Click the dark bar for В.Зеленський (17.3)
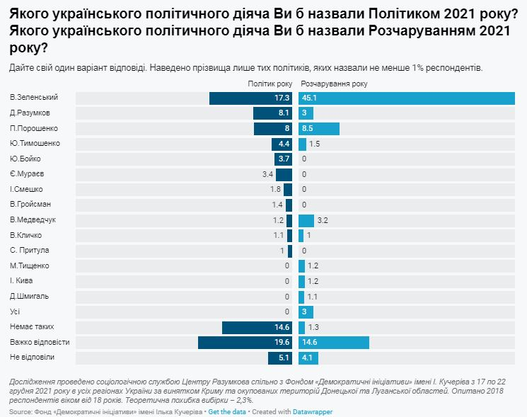point(250,98)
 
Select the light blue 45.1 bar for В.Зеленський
point(406,98)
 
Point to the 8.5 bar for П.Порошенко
point(318,128)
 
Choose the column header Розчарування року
point(329,84)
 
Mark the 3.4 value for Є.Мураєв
point(267,174)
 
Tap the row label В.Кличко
point(26,235)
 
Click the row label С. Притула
point(29,251)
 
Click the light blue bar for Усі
point(306,312)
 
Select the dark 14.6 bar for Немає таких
point(257,327)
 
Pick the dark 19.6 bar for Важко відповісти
point(245,343)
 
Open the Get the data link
point(228,411)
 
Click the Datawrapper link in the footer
point(313,411)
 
